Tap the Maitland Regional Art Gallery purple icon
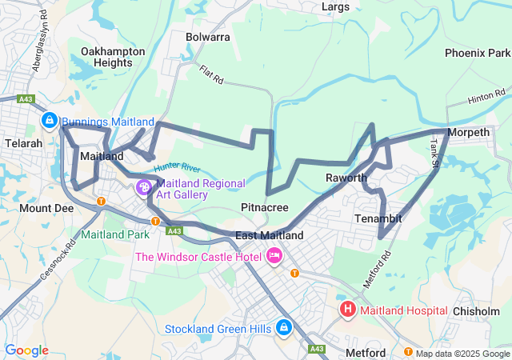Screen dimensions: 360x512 point(144,188)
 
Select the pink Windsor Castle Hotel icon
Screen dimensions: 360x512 point(274,256)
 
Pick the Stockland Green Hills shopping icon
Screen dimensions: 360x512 point(284,328)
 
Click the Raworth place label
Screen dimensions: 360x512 point(346,178)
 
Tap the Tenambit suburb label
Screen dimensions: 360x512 point(378,218)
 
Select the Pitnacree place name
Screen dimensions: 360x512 point(265,207)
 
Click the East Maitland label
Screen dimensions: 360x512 point(270,235)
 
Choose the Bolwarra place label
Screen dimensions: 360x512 point(207,37)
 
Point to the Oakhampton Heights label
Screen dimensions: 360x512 point(113,57)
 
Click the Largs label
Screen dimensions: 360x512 point(335,7)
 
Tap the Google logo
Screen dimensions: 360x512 point(26,350)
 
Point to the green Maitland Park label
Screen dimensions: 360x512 point(114,235)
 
